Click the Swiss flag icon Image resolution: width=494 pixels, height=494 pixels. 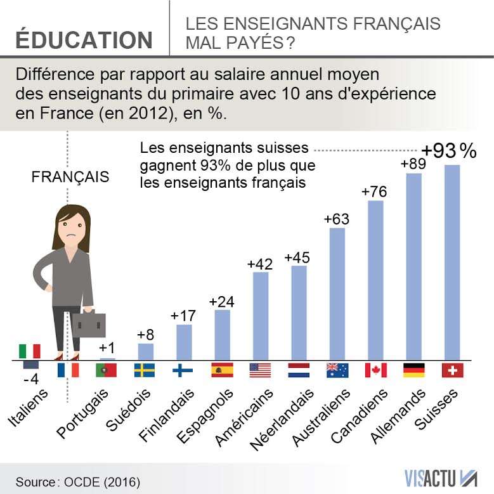[453, 370]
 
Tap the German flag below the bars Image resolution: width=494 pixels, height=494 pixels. [414, 370]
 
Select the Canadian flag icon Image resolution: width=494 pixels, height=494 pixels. [375, 370]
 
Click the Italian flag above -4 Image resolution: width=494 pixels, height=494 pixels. [29, 351]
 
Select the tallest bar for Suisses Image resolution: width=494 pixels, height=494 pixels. [452, 263]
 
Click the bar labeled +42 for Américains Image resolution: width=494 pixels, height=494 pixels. [261, 316]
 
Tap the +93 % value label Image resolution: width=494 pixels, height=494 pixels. [449, 151]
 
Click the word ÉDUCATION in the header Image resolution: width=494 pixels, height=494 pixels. [84, 39]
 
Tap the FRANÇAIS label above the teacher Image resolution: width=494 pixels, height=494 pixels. [70, 177]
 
